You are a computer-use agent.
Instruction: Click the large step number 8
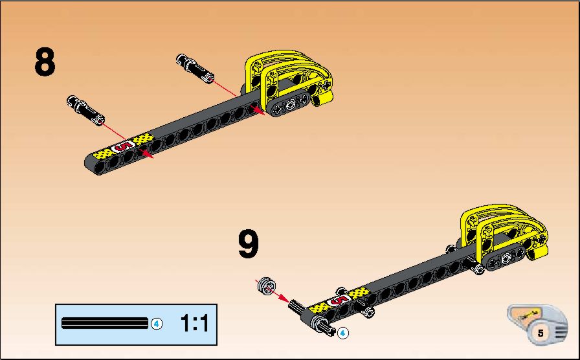pos(45,62)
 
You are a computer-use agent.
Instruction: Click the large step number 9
pos(248,244)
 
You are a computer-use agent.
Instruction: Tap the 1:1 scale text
pos(195,323)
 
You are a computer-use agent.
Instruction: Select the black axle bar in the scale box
pos(105,323)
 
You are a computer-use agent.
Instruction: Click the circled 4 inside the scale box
pos(157,324)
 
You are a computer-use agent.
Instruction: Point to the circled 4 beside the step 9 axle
pos(343,333)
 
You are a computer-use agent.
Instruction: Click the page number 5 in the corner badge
pos(541,333)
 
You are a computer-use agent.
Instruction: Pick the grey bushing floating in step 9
pos(267,286)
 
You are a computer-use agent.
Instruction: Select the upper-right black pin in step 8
pos(195,68)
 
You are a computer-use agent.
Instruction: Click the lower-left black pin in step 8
pos(86,110)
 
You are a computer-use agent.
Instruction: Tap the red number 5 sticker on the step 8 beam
pos(124,146)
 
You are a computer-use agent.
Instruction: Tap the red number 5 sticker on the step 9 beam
pos(339,300)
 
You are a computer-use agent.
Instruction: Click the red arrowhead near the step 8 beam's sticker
pos(148,154)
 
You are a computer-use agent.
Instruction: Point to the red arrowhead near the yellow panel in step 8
pos(258,111)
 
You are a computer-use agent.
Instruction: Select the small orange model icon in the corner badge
pos(528,315)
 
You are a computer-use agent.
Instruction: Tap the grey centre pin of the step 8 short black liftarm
pos(291,106)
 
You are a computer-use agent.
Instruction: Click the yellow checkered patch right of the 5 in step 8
pos(144,139)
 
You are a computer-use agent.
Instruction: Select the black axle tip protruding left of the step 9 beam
pos(296,306)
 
